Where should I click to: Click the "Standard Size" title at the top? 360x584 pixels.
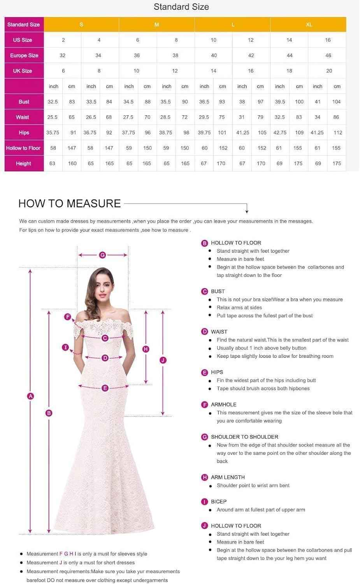[181, 7]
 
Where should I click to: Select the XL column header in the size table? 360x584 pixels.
[309, 25]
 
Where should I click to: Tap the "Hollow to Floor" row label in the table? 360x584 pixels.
[23, 148]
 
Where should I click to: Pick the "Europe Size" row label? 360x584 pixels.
[24, 55]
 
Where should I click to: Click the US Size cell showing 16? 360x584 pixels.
[328, 40]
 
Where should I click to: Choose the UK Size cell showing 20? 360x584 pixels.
[329, 71]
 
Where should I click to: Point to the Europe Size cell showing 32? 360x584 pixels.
[63, 55]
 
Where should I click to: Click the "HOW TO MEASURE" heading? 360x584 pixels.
[69, 203]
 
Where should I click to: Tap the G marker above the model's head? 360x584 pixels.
[102, 255]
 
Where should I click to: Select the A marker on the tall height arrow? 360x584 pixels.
[30, 396]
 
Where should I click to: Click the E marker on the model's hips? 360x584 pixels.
[105, 388]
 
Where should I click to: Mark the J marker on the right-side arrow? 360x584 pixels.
[163, 360]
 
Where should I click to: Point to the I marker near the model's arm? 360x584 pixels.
[65, 347]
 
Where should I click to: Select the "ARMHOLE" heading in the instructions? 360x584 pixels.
[223, 405]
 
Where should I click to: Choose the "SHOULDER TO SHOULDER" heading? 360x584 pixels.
[244, 437]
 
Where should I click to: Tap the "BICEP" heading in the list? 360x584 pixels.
[218, 501]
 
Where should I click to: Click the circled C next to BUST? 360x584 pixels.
[205, 291]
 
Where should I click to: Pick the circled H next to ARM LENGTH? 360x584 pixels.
[205, 477]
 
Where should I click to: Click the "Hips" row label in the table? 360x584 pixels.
[24, 132]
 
